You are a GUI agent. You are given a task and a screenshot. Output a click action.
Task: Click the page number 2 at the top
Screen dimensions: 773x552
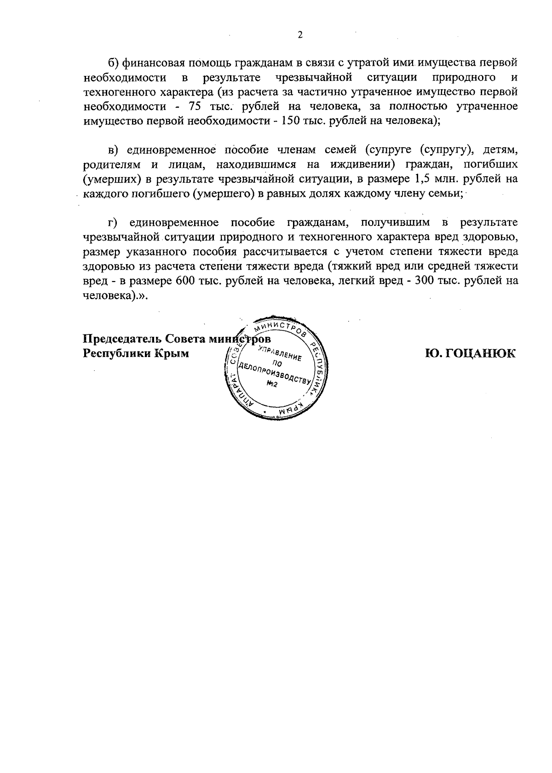[300, 35]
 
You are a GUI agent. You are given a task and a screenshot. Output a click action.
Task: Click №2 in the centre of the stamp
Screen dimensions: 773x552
[272, 385]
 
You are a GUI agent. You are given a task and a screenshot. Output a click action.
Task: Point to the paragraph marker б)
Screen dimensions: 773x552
[113, 62]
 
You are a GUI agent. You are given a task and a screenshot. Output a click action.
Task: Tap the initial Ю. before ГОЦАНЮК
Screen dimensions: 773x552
[434, 353]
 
